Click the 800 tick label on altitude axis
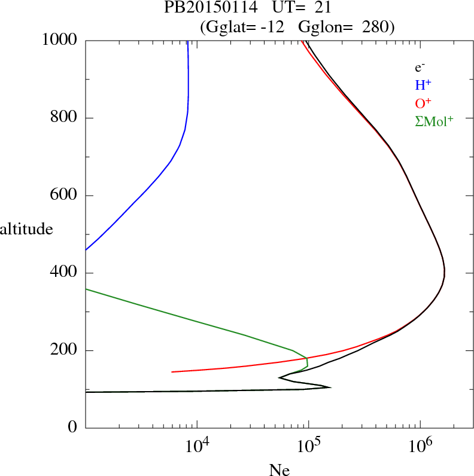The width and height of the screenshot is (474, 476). pyautogui.click(x=65, y=118)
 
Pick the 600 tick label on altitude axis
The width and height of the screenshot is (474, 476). pyautogui.click(x=65, y=196)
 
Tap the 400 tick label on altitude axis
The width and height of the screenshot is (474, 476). pyautogui.click(x=65, y=273)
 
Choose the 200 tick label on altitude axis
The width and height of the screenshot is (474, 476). pyautogui.click(x=65, y=350)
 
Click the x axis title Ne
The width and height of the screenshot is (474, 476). pyautogui.click(x=279, y=470)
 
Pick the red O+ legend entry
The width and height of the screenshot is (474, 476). pyautogui.click(x=423, y=103)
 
